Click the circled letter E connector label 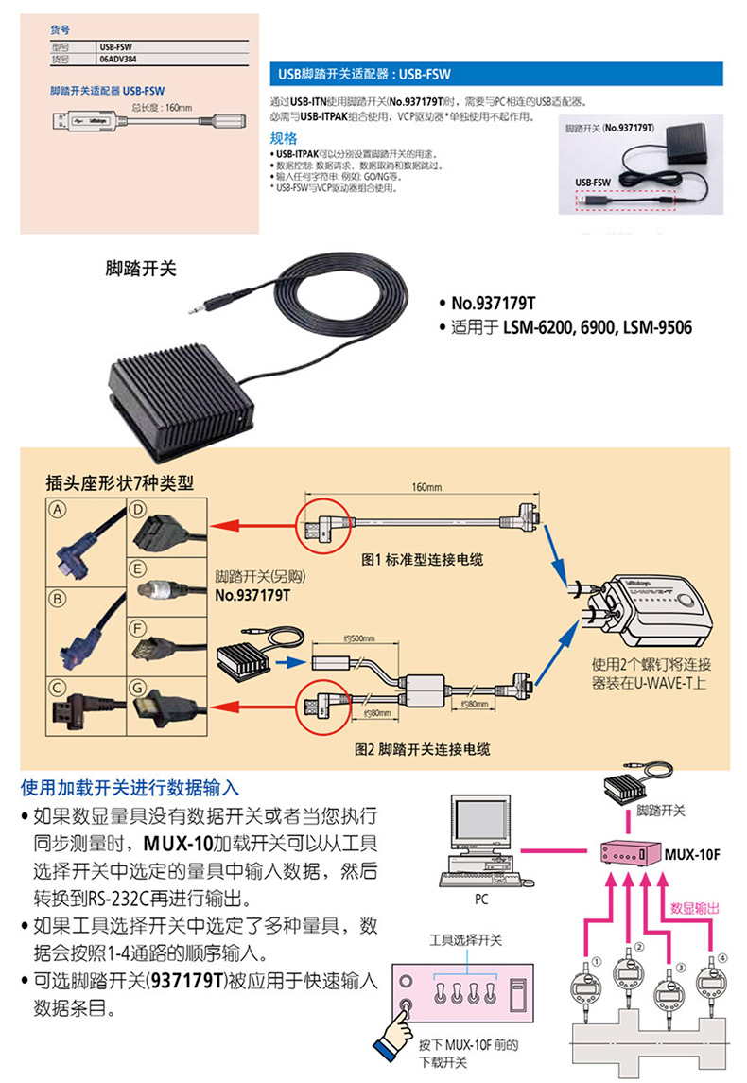(x=138, y=569)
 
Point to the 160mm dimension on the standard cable (x=426, y=488)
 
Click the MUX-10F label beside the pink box (x=692, y=854)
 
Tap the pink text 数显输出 (x=695, y=908)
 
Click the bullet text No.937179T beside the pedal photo (x=493, y=304)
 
